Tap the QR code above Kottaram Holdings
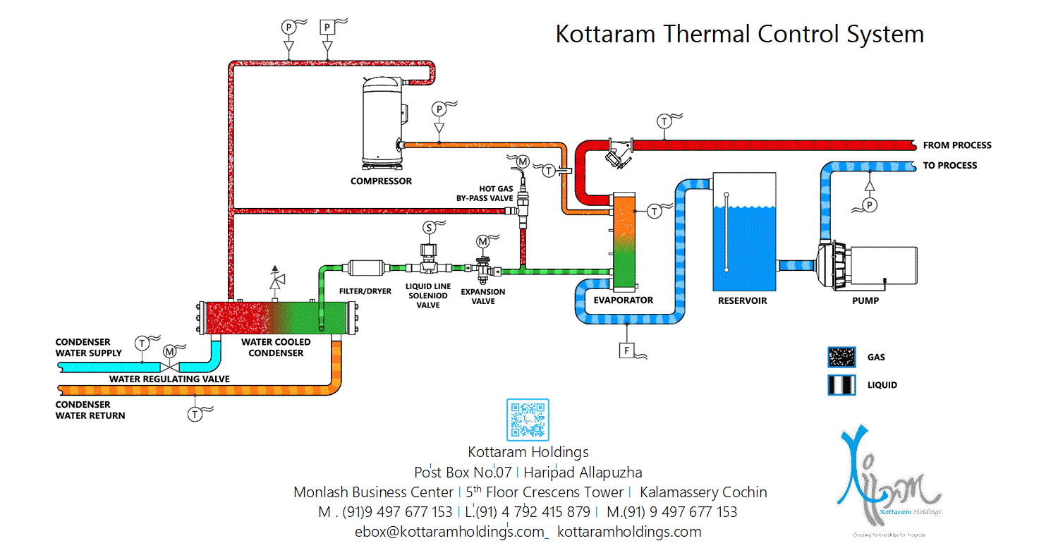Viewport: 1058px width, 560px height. (528, 420)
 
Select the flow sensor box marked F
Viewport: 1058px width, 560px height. (626, 350)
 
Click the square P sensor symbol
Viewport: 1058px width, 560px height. (328, 27)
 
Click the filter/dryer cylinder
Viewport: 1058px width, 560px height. (365, 268)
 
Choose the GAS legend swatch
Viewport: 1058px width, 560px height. (842, 358)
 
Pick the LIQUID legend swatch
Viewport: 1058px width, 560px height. (842, 385)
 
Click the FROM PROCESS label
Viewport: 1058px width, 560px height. (957, 145)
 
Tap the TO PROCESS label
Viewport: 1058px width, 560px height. (950, 166)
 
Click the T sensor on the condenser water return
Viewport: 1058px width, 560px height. (195, 415)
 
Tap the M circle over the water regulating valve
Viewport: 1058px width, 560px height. (170, 351)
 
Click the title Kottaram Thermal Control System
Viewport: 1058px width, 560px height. (739, 34)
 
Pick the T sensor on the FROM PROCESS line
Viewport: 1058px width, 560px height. (664, 121)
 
